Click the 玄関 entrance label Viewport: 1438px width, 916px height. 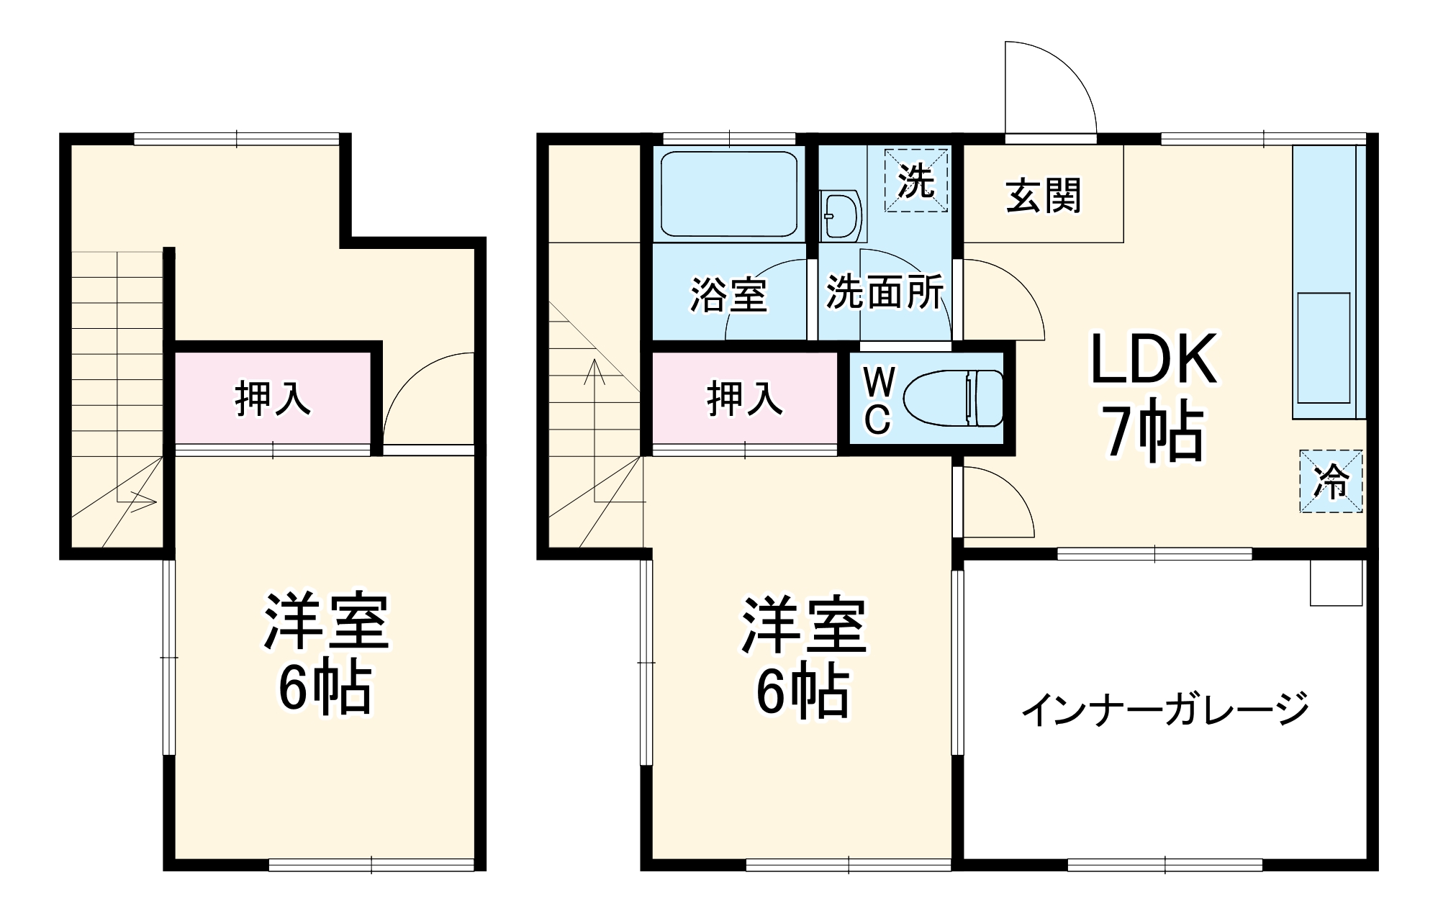pyautogui.click(x=1043, y=196)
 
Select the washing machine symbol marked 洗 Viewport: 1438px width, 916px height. pyautogui.click(x=915, y=180)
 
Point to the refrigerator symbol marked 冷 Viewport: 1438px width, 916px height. pyautogui.click(x=1331, y=481)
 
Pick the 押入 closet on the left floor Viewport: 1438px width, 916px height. pyautogui.click(x=273, y=399)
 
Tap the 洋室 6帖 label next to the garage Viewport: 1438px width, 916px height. pyautogui.click(x=803, y=656)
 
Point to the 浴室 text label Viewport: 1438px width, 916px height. pyautogui.click(x=728, y=294)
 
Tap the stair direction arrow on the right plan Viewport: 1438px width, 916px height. pyautogui.click(x=595, y=403)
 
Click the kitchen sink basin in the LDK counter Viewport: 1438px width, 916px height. pyautogui.click(x=1323, y=348)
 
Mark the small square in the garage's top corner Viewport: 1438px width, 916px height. pyautogui.click(x=1337, y=582)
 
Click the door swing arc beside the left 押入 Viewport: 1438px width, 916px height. pyautogui.click(x=428, y=399)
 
